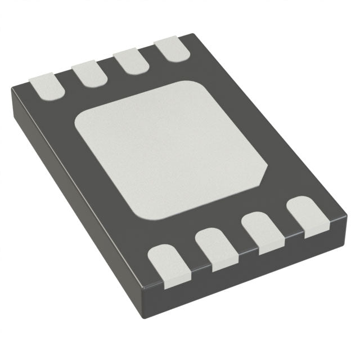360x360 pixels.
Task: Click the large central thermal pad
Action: [x=172, y=149]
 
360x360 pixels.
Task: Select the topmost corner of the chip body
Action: [x=191, y=35]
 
